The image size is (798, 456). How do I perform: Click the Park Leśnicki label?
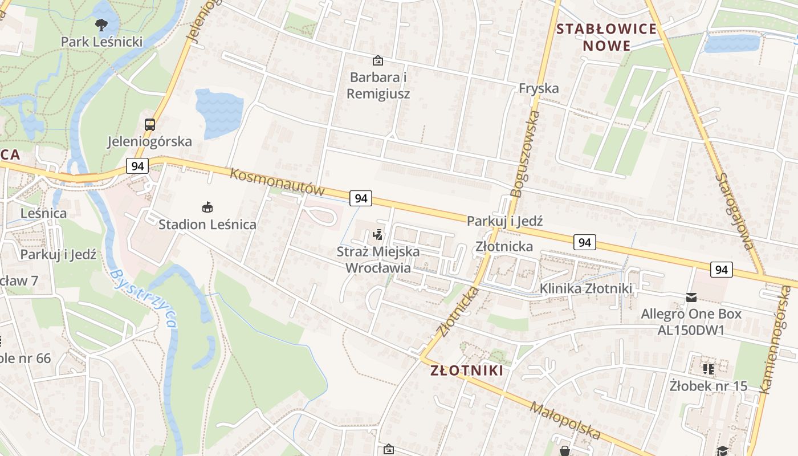[101, 42]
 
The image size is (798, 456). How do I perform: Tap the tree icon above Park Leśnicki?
[101, 25]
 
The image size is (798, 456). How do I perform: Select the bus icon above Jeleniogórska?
[150, 124]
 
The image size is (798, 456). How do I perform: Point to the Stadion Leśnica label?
[207, 224]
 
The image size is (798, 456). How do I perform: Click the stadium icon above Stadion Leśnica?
[207, 207]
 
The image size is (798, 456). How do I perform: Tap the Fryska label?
[539, 88]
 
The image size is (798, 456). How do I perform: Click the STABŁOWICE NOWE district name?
[606, 37]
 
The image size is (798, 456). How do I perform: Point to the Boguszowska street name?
[526, 154]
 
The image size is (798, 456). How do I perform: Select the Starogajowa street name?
[735, 211]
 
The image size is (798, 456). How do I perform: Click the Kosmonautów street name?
[277, 181]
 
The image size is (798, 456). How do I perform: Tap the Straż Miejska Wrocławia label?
[378, 259]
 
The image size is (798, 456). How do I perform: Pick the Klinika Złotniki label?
[586, 288]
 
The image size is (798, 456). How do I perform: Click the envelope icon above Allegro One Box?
[691, 297]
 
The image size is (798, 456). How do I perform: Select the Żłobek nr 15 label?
[708, 386]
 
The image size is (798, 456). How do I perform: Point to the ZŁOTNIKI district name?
[467, 370]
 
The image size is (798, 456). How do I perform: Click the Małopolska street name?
[565, 421]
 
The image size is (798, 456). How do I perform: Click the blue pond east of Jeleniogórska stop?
[219, 112]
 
